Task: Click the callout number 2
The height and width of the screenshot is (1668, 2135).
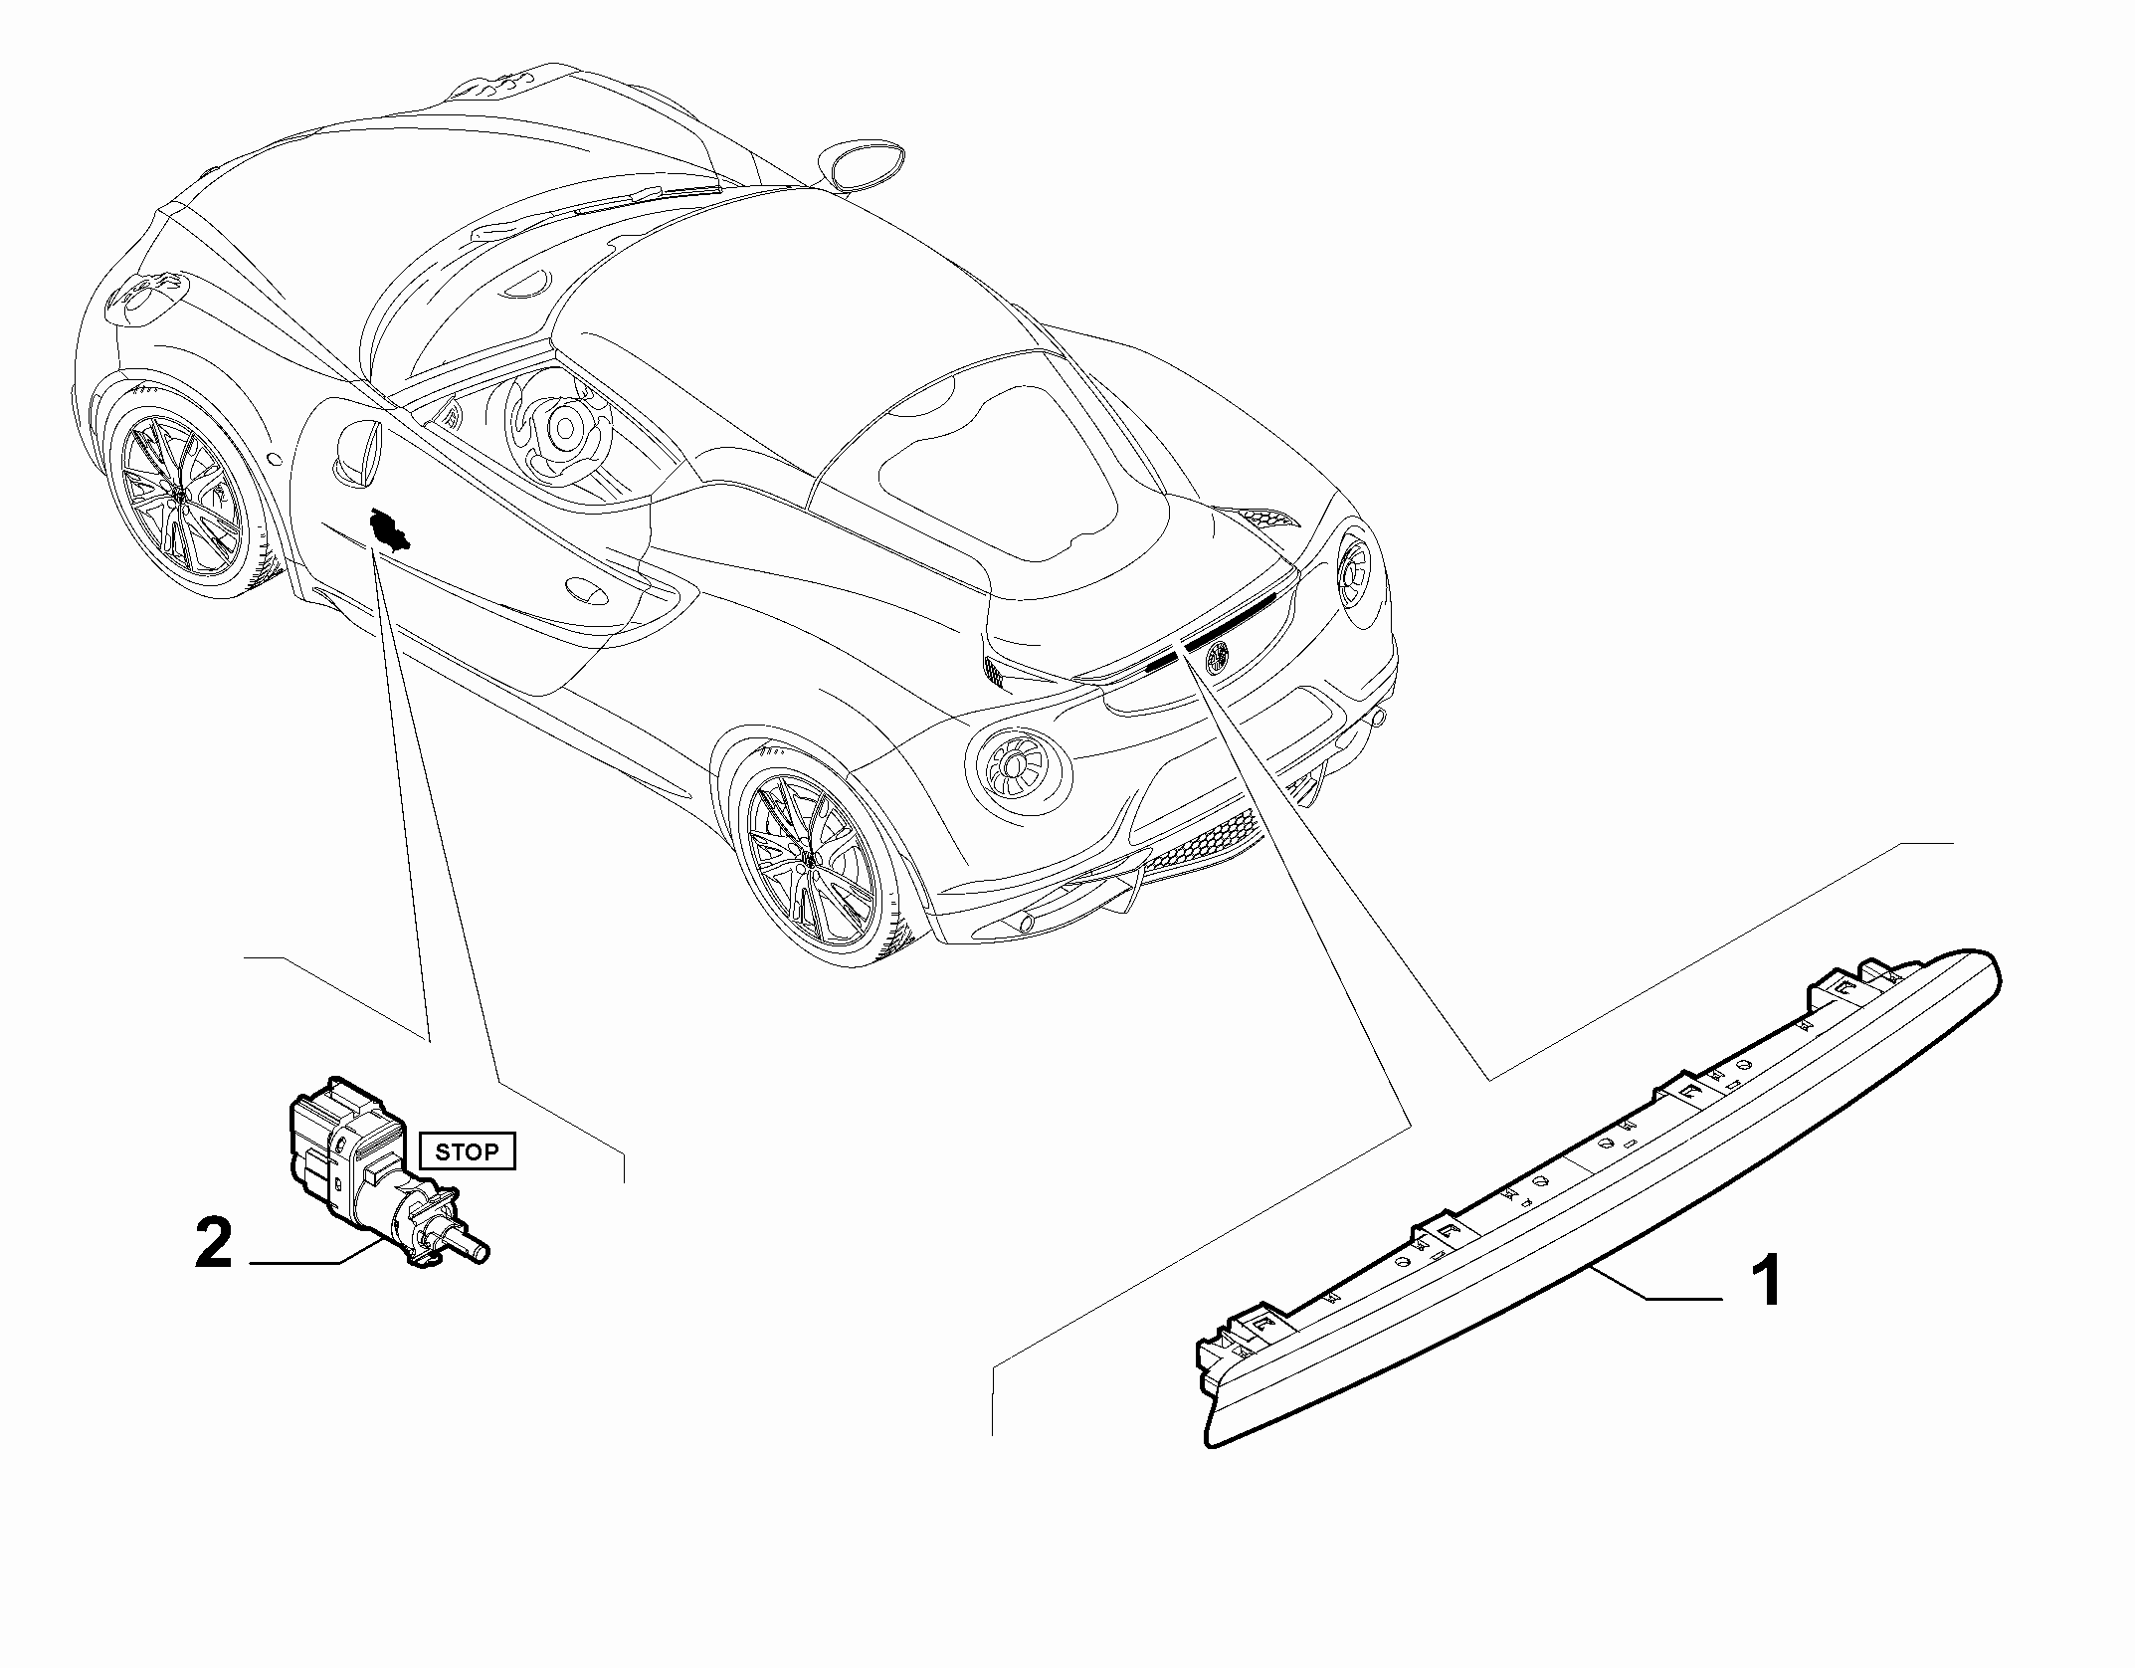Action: point(214,1244)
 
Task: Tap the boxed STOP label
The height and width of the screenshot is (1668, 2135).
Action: point(467,1151)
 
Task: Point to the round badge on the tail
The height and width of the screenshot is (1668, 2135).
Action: point(1217,655)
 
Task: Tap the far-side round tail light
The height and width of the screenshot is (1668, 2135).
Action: point(1356,571)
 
